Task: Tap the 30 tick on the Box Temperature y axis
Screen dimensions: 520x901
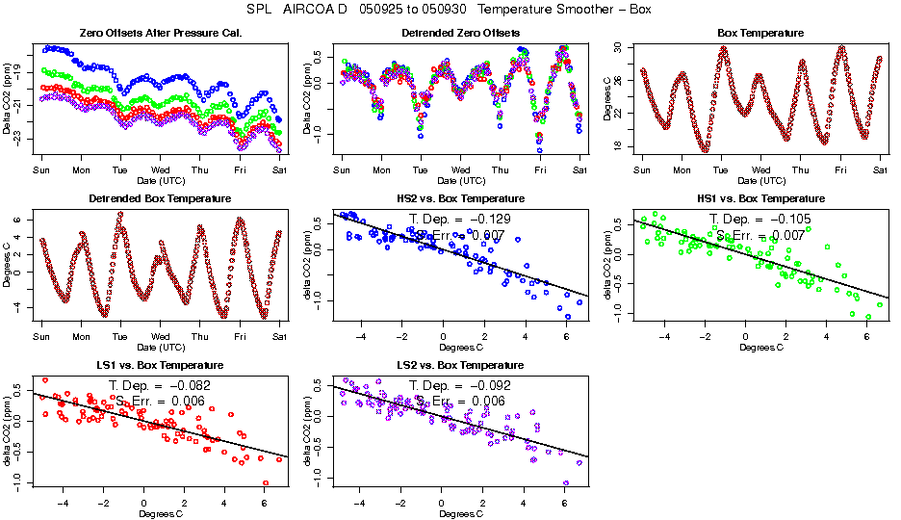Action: pos(622,47)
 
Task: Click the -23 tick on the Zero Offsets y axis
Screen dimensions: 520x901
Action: pos(22,140)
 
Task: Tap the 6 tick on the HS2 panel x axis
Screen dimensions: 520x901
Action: pos(566,337)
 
